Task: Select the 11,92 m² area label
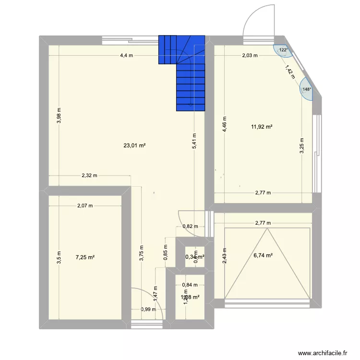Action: point(262,127)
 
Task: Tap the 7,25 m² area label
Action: point(85,257)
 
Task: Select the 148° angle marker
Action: point(306,89)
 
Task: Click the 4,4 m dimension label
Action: point(127,55)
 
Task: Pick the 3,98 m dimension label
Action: point(59,115)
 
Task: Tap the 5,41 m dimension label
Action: point(193,142)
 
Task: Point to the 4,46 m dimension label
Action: point(224,125)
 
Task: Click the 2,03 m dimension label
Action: point(250,55)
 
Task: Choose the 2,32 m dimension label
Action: point(89,176)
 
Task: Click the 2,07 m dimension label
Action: point(85,206)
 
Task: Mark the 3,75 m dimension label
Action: point(142,252)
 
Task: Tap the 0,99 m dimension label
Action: point(148,309)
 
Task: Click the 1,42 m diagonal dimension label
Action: point(290,72)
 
